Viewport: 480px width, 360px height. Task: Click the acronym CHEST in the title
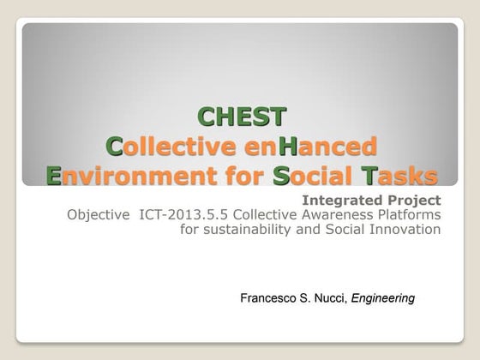click(242, 116)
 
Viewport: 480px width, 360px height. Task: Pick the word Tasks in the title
click(399, 177)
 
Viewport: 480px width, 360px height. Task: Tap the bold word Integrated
click(349, 200)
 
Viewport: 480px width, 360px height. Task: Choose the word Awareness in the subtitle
click(339, 214)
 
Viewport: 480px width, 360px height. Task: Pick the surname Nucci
click(330, 298)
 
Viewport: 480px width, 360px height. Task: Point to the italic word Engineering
click(383, 298)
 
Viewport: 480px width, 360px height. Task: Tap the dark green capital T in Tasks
click(369, 177)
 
